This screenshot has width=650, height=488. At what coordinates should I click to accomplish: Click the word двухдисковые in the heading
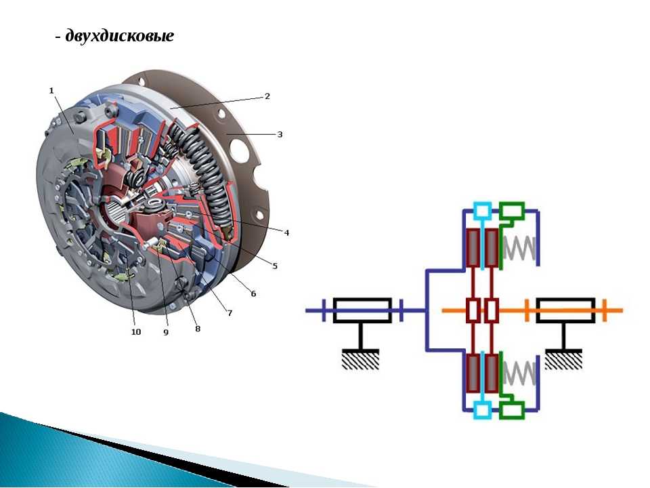point(120,36)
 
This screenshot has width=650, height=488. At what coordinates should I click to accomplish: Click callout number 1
point(51,89)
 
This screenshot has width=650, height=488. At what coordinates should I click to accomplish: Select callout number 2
point(267,96)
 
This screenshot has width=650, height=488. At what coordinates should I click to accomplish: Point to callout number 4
point(286,232)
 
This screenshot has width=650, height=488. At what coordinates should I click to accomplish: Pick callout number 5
point(275,266)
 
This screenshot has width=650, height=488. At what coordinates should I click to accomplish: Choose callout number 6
point(253,293)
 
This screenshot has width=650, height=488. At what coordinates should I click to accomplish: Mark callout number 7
point(230,313)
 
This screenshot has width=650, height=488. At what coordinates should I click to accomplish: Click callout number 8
point(198,329)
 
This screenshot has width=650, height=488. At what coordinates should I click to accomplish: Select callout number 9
point(166,333)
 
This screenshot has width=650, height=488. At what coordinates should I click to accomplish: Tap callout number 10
point(136,332)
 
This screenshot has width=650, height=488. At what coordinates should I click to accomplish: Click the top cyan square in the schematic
point(483,211)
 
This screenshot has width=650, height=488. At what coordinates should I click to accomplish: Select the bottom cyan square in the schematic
point(483,409)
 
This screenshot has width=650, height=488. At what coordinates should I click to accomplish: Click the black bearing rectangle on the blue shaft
point(363,310)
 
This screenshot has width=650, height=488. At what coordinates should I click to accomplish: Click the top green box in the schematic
point(512,211)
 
